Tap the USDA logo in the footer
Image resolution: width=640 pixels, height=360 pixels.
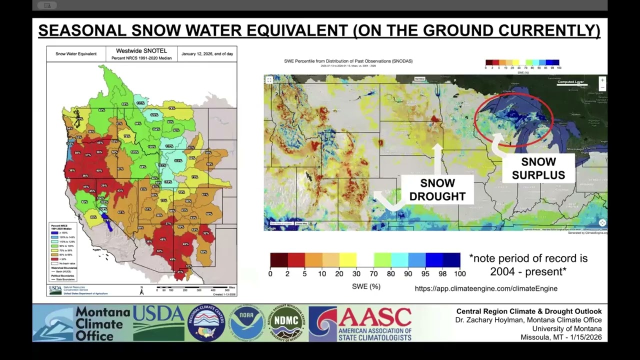pos(158,323)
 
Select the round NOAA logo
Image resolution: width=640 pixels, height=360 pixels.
pos(247,323)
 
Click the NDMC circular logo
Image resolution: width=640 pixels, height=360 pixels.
pos(285,323)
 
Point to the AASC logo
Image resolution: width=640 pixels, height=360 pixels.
pos(360,323)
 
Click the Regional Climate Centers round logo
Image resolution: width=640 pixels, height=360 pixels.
pos(206,323)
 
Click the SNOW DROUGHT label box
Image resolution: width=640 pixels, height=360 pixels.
pos(437,190)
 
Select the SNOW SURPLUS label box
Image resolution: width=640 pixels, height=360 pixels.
pos(538,168)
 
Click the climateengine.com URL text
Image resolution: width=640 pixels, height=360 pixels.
pos(486,288)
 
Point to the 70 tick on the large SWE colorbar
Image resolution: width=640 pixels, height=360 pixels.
pos(373,273)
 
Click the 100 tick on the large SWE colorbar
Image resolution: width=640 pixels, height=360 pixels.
pos(459,273)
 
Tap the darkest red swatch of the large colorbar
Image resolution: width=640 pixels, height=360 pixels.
pos(278,260)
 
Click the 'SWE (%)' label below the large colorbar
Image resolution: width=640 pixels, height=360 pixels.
pos(366,286)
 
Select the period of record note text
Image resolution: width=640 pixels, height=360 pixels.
pos(528,265)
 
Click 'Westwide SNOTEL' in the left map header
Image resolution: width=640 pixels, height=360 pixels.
pos(141,51)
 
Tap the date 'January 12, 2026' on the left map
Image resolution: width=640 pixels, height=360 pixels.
pos(207,53)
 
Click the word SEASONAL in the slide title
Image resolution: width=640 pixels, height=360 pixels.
pos(81,30)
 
